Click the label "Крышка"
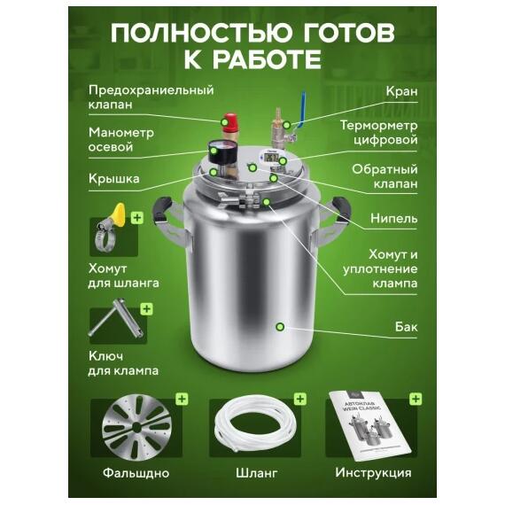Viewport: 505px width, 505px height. point(113,179)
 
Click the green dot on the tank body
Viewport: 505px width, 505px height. point(280,327)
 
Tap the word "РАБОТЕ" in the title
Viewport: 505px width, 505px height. point(266,61)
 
